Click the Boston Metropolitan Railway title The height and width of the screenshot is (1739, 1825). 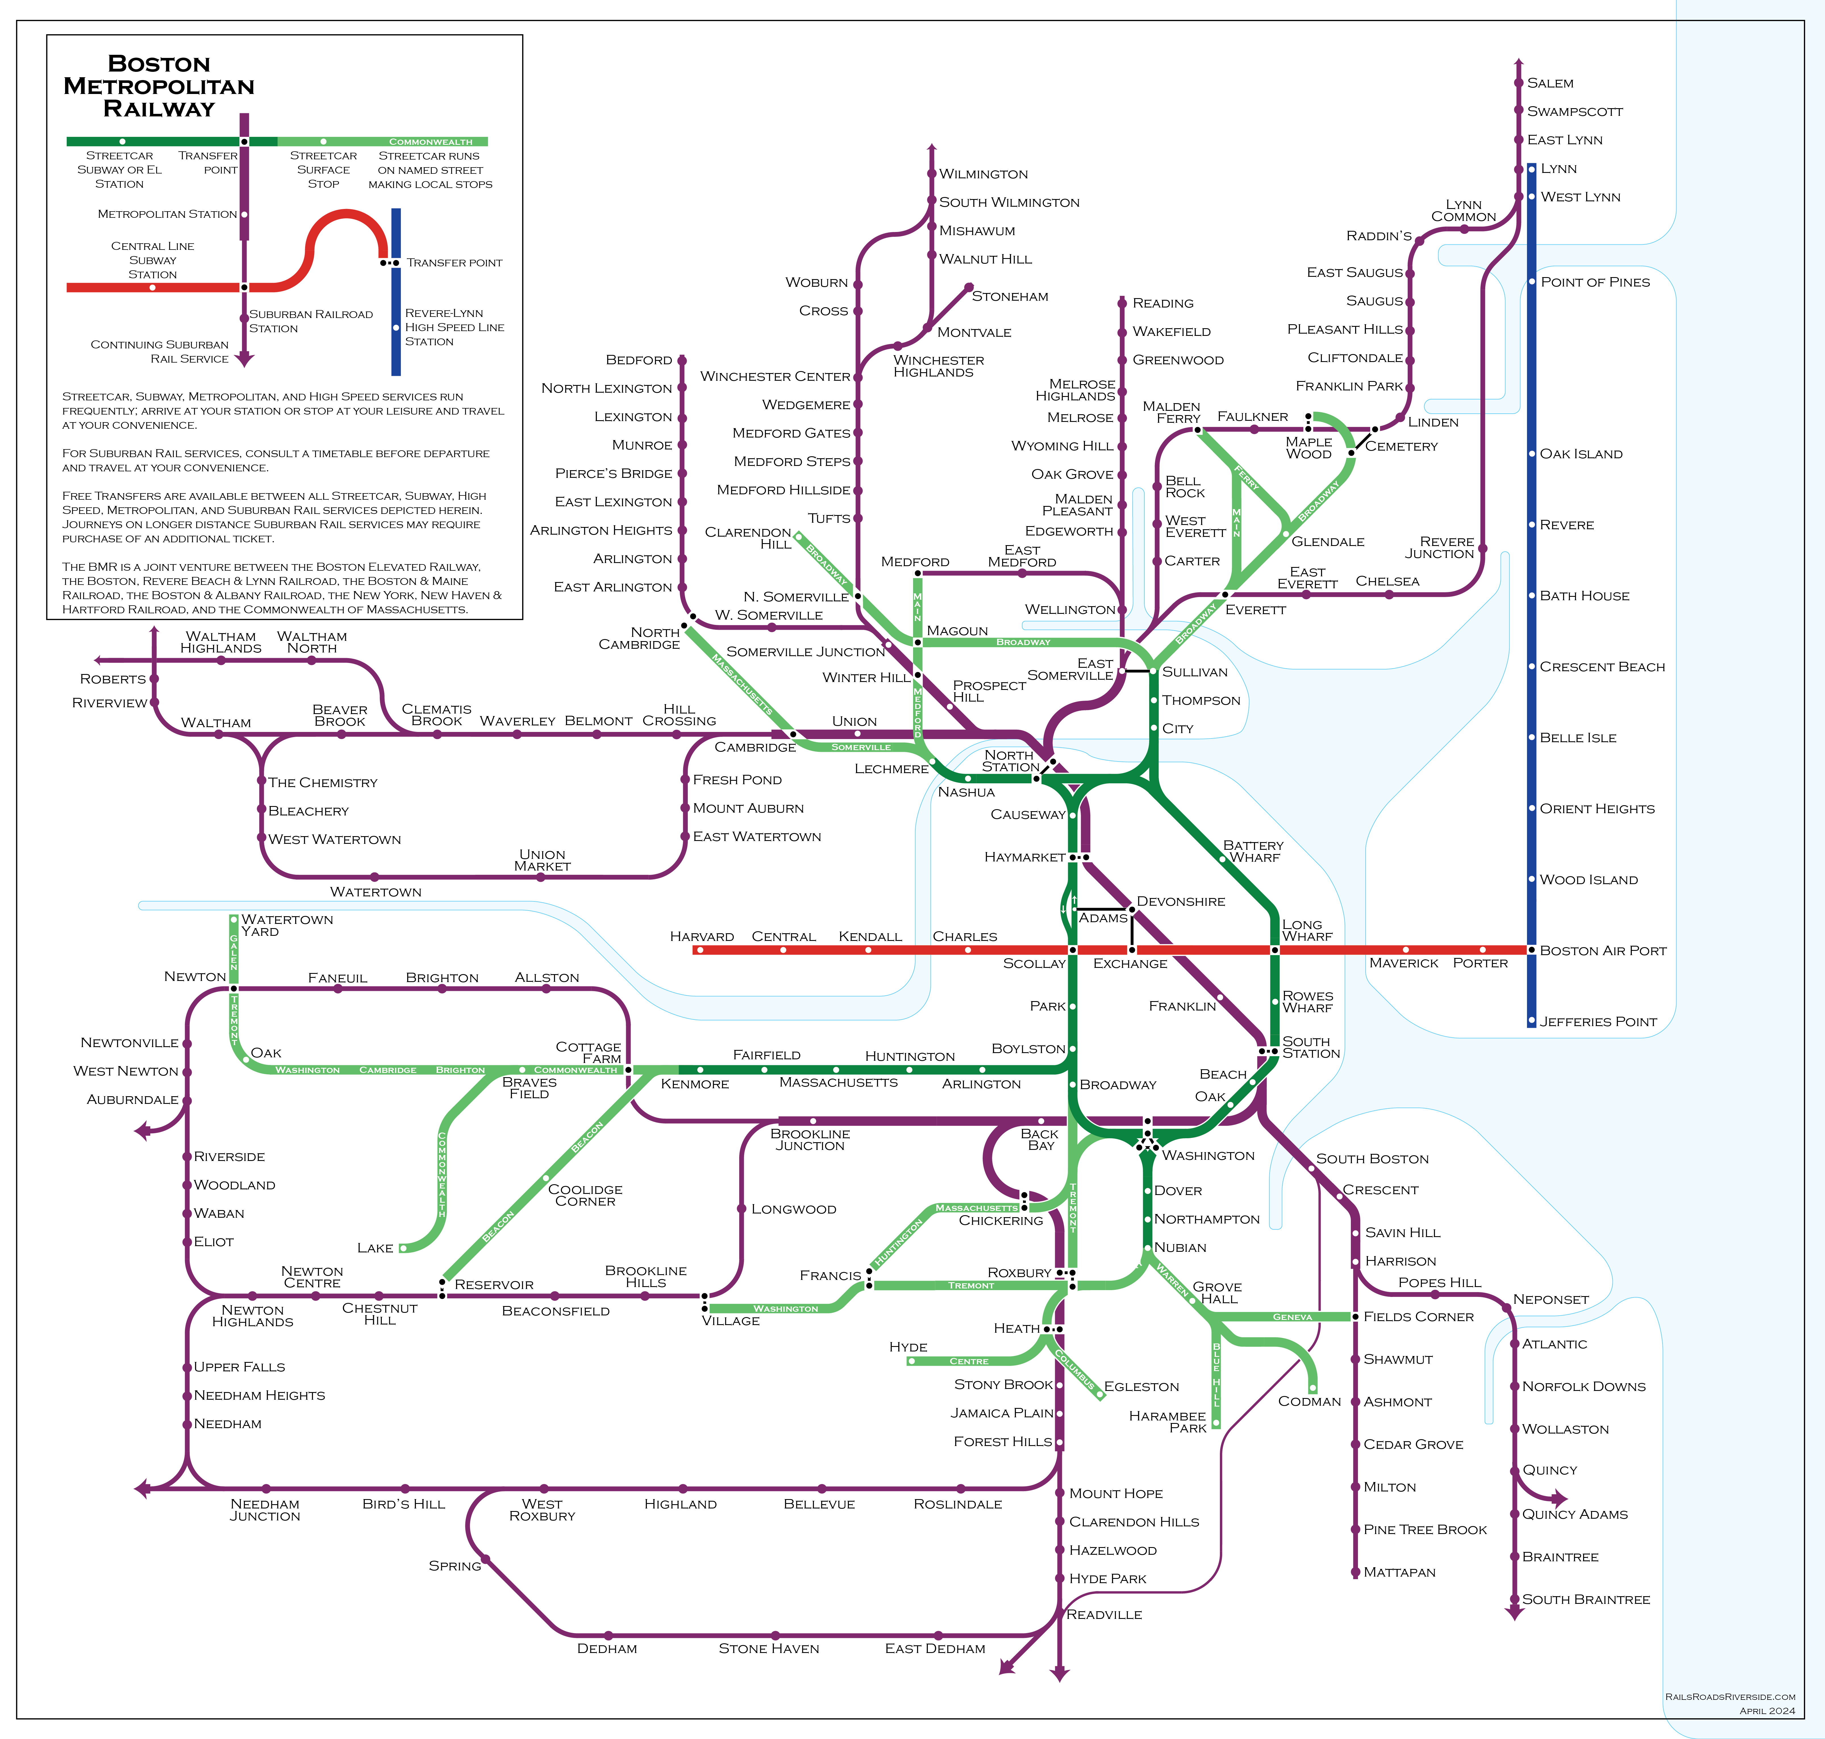tap(159, 86)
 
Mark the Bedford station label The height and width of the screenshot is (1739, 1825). tap(639, 360)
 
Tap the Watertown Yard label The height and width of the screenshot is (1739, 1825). tap(287, 925)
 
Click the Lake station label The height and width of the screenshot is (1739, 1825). tap(376, 1249)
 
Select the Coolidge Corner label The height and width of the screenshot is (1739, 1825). tap(585, 1195)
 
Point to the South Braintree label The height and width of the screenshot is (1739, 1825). tap(1586, 1600)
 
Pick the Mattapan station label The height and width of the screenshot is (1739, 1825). tap(1399, 1572)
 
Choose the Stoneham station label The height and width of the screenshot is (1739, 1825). tap(1010, 297)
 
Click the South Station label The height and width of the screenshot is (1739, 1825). tap(1310, 1047)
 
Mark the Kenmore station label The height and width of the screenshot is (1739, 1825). tap(695, 1085)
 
